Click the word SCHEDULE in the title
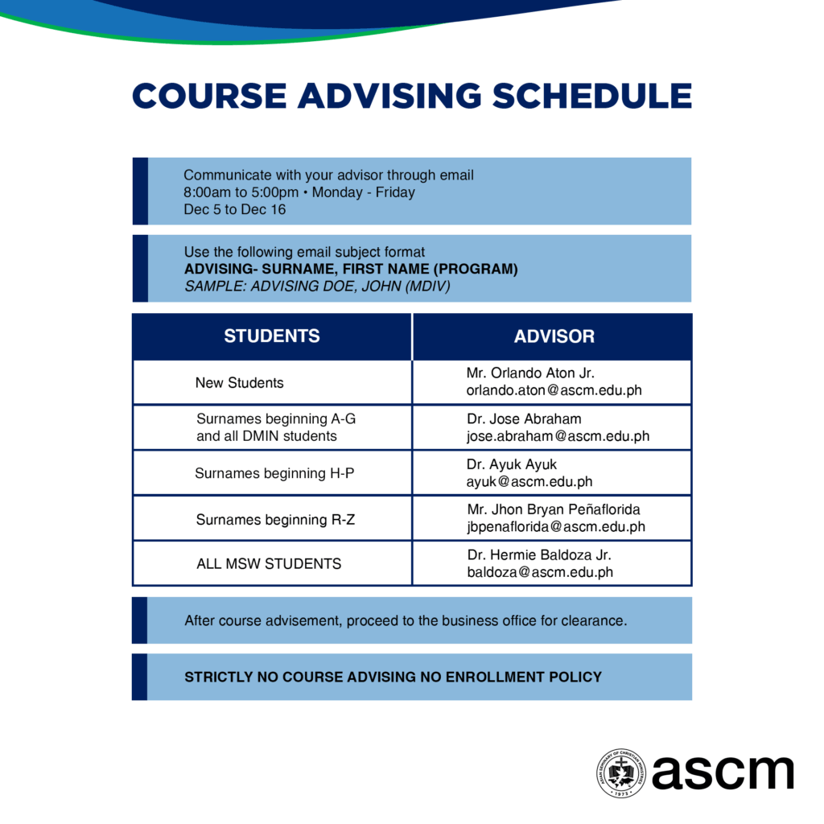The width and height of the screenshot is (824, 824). pos(591,97)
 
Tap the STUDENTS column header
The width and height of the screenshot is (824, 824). pos(272,336)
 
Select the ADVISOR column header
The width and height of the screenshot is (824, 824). pos(554,336)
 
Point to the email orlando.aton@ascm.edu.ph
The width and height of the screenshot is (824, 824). pos(554,390)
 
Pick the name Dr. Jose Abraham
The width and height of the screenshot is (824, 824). pos(524,418)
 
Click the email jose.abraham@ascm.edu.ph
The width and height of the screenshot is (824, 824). pos(558,436)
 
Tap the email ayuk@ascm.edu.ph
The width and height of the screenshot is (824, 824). pos(529,482)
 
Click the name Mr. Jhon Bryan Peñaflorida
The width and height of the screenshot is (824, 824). pos(554,509)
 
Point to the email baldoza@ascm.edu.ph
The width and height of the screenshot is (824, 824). pos(540,572)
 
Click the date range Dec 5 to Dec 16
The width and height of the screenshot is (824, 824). pos(234,209)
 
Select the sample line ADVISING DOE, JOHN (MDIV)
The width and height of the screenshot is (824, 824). pos(350,286)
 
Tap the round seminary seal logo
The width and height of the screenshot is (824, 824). pos(621,773)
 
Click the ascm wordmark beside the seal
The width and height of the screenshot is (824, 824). pos(723,772)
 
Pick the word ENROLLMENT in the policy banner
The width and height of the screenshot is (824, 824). pos(494,677)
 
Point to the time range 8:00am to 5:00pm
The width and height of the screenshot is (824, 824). pos(241,192)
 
